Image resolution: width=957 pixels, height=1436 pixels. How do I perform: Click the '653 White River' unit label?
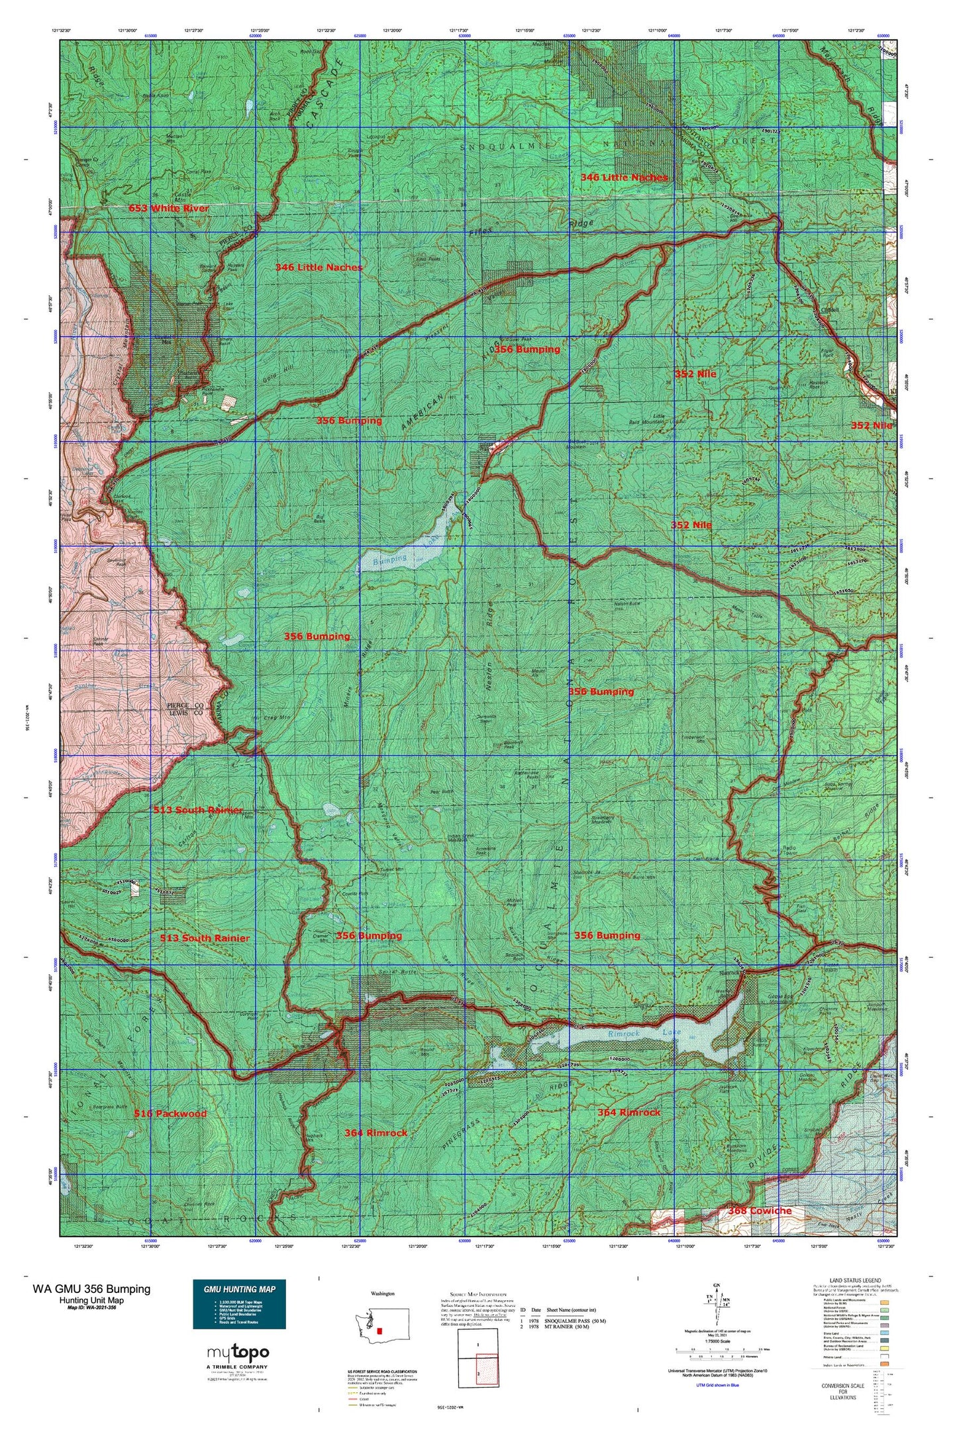coord(168,208)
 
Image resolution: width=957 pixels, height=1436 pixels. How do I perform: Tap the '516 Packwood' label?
coord(170,1113)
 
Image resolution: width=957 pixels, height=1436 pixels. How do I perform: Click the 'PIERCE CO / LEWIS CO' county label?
coord(187,709)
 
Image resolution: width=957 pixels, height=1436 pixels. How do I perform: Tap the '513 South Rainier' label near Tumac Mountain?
coord(205,938)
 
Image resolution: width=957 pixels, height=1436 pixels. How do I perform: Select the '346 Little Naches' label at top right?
coord(624,178)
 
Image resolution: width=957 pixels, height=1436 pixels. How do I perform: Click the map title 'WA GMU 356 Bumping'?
coord(91,1289)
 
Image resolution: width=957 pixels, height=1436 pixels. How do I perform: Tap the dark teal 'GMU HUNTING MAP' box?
coord(239,1304)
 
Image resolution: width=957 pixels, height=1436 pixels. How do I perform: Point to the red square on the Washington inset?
coord(379,1331)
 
